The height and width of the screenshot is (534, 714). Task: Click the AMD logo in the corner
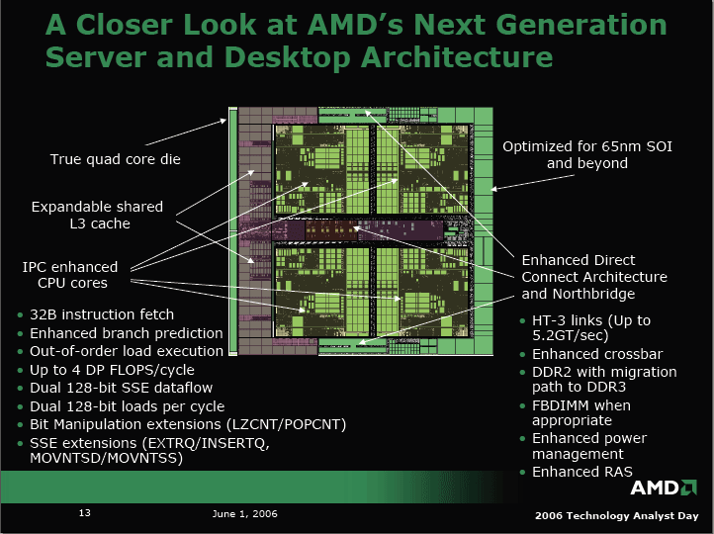[664, 488]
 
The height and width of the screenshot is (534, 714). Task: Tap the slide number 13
[85, 513]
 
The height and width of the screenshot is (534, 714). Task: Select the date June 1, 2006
[244, 514]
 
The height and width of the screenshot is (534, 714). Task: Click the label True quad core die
[115, 159]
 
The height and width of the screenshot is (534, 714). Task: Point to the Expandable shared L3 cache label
[97, 215]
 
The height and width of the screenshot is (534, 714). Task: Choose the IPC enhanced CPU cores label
[70, 275]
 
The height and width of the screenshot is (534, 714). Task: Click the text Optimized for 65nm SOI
[587, 146]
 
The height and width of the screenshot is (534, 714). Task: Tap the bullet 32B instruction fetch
[102, 314]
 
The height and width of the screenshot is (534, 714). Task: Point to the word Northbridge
[593, 294]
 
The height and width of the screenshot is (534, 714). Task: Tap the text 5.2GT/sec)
[570, 335]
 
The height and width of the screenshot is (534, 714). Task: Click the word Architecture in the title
[457, 57]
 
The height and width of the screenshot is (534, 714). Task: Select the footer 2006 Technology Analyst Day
[616, 516]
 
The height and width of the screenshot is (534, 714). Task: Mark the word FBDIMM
[558, 405]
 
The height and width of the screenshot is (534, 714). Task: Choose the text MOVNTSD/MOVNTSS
[106, 458]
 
